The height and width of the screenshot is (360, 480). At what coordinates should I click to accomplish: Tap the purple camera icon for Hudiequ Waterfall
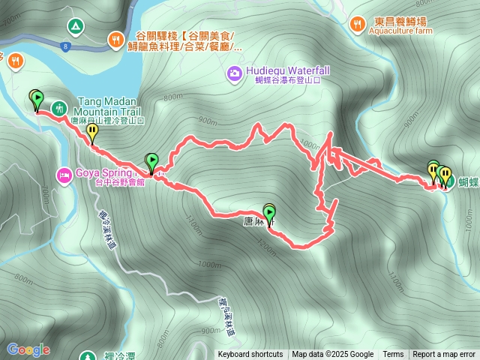pos(234,73)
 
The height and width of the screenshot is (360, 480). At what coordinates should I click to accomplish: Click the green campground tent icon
pos(75,26)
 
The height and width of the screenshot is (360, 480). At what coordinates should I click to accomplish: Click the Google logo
pos(28,349)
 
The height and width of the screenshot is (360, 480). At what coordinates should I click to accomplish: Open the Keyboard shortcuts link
pos(250,355)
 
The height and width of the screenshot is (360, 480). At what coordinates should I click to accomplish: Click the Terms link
pos(393,355)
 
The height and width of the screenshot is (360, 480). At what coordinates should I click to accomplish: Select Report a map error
pos(444,355)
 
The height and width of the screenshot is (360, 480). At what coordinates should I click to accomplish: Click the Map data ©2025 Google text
pos(333,355)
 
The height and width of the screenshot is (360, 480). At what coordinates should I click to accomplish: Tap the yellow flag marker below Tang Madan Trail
pos(92,133)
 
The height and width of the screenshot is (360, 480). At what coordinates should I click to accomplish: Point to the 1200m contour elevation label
pos(265,244)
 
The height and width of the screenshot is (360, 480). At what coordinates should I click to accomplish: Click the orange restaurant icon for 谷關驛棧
pos(115,37)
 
